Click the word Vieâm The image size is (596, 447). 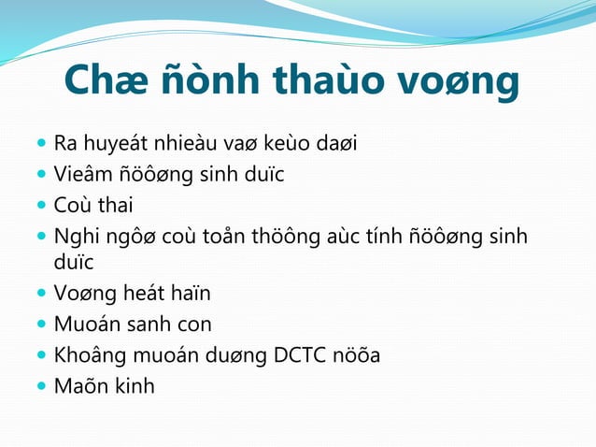coord(81,174)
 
